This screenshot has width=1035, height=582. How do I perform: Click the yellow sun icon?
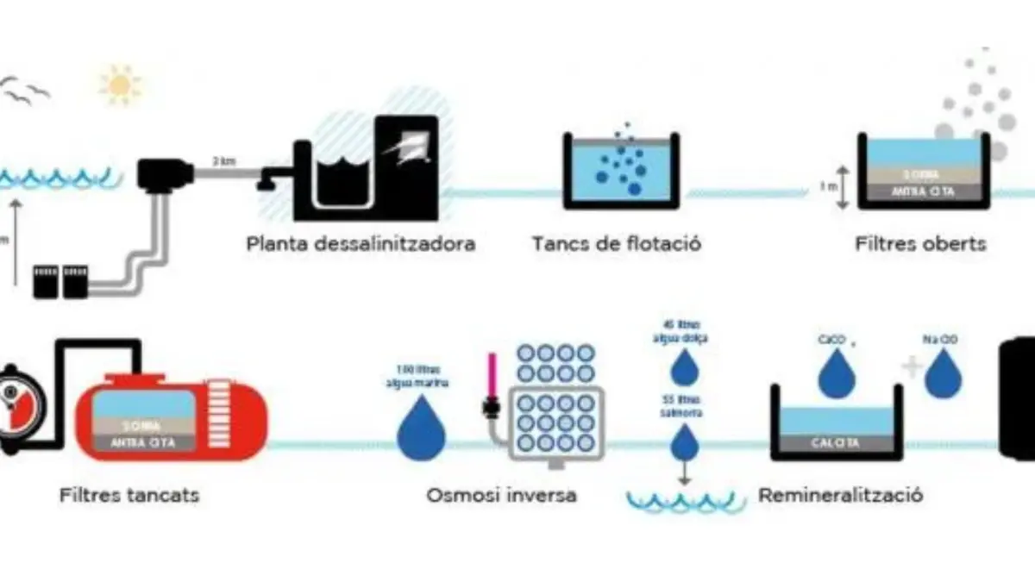121,84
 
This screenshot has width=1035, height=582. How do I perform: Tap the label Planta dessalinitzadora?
361,243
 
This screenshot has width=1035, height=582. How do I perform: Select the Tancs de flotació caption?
616,243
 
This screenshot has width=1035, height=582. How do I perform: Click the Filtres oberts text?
920,243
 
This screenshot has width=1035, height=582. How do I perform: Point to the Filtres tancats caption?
130,496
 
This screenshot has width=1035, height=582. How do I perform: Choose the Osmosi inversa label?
501,496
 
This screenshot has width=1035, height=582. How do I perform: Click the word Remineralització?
841,496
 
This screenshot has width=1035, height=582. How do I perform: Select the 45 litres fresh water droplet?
686,367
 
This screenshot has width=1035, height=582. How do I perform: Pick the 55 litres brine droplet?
686,444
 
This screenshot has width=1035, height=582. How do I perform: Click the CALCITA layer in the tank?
836,443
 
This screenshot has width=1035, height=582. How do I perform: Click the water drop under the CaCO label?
835,376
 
